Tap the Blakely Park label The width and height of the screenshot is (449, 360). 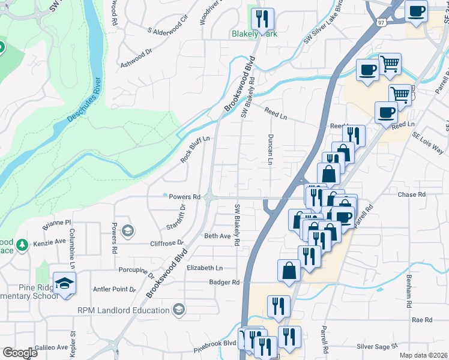pos(255,34)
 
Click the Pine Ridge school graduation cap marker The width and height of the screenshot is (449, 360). pos(64,283)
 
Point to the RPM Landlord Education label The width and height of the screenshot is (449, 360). pos(123,310)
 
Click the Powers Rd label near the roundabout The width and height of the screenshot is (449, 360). pos(184,197)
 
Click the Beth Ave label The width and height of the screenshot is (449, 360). pos(217,236)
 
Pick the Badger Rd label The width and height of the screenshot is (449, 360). pos(224,282)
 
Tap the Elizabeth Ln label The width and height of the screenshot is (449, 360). pos(204,268)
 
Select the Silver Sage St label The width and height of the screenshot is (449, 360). pos(377,346)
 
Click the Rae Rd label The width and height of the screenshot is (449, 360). pos(422,320)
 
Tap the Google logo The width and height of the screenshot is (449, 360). pos(20,353)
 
